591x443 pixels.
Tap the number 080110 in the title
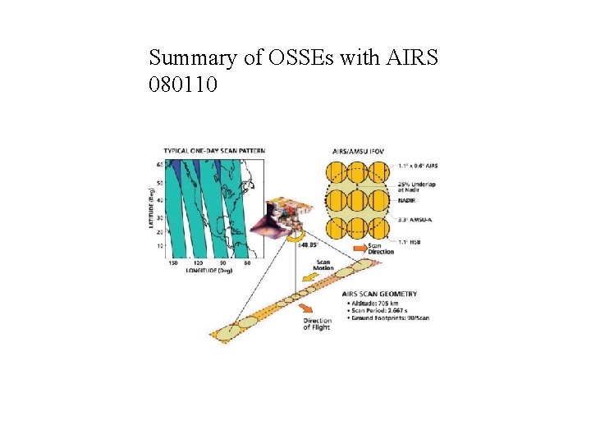[183, 84]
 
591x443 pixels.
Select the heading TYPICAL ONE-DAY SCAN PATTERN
[214, 151]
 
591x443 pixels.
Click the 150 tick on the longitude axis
[173, 263]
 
